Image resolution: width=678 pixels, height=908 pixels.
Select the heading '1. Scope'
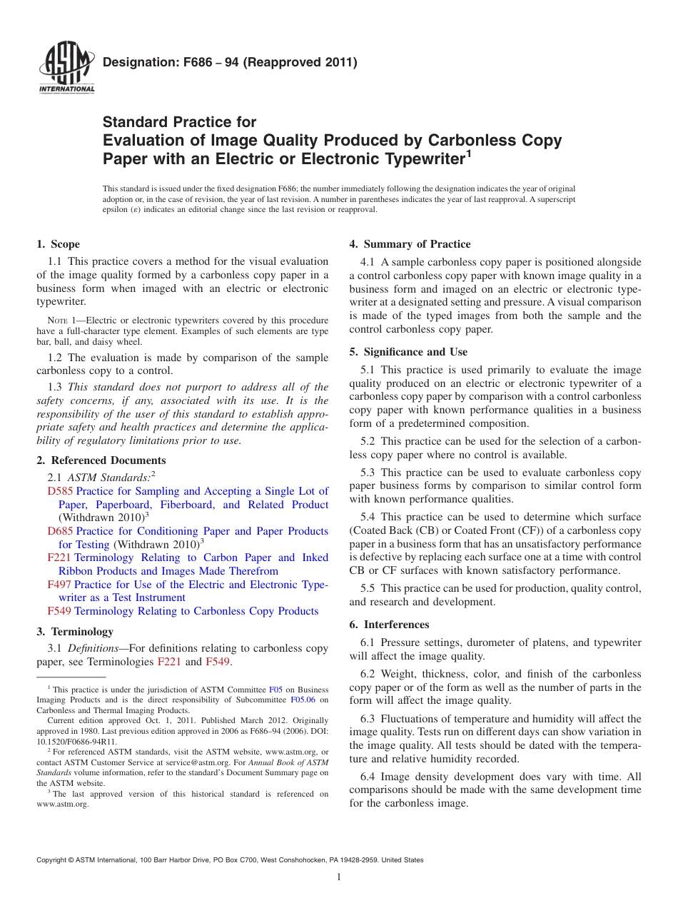click(x=59, y=244)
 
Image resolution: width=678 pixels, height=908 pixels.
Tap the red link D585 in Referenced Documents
click(x=60, y=492)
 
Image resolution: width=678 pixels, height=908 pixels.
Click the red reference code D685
click(x=60, y=532)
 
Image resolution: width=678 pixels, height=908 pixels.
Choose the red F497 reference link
click(x=59, y=585)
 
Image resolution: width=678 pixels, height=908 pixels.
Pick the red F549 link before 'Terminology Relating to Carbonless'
click(x=59, y=611)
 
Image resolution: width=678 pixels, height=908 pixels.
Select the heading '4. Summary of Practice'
click(x=410, y=244)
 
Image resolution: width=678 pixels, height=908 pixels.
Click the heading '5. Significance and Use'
click(x=408, y=352)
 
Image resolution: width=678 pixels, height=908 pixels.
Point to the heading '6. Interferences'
click(x=389, y=625)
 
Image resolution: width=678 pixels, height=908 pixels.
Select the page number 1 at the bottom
click(x=339, y=877)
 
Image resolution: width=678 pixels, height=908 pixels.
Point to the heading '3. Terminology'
click(x=75, y=632)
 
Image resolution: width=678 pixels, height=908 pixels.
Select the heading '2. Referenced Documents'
click(x=101, y=460)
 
